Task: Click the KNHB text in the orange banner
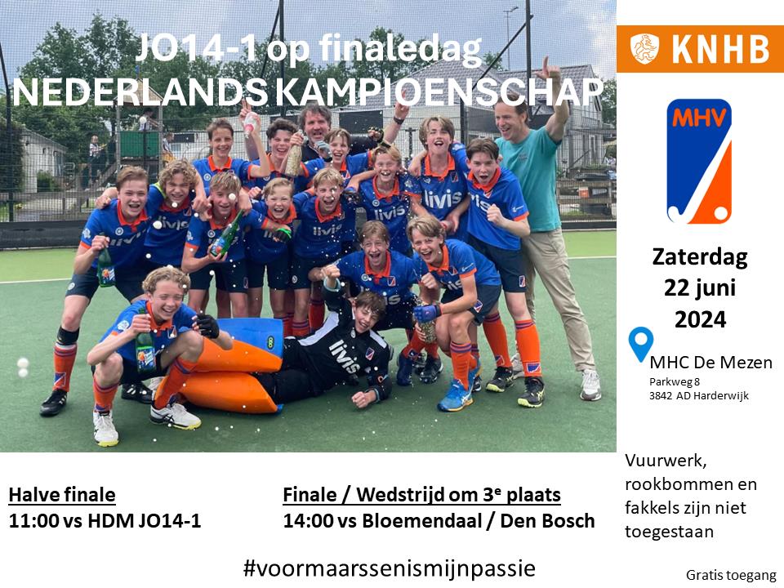pos(720,49)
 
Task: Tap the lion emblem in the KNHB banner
pos(644,48)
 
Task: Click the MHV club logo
pos(699,161)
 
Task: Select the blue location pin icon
pos(640,344)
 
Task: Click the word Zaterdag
pos(700,257)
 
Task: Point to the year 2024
pos(700,319)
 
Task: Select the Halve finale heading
pos(62,495)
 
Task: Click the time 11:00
pos(34,520)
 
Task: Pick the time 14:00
pos(308,520)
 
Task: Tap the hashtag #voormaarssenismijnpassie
pos(389,568)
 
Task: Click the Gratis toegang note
pos(730,575)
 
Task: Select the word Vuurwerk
pos(666,461)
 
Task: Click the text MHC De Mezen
pos(710,362)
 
